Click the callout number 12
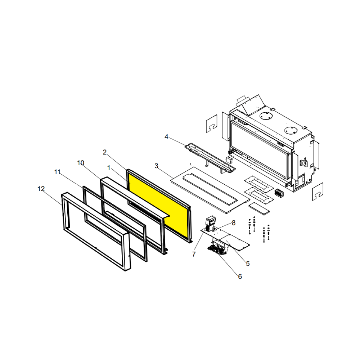41,189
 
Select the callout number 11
57,172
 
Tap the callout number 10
81,163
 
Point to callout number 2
105,152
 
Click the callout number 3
156,166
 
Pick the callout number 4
166,137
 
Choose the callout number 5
248,264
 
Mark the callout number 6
240,276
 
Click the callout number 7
194,254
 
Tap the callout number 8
234,223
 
